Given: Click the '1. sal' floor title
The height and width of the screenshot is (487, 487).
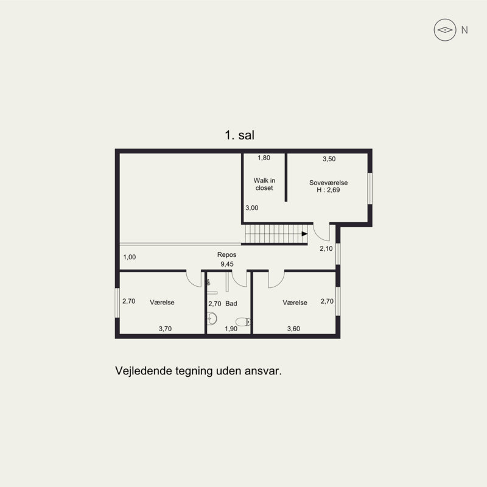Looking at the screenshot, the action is pyautogui.click(x=239, y=135).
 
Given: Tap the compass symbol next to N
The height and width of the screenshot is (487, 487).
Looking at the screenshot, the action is pyautogui.click(x=445, y=30).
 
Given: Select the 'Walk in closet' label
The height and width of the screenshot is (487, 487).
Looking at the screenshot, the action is pyautogui.click(x=264, y=184).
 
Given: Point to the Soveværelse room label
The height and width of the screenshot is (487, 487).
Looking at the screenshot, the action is pyautogui.click(x=328, y=183).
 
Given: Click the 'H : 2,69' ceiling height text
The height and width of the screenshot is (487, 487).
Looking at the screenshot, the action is pyautogui.click(x=328, y=190).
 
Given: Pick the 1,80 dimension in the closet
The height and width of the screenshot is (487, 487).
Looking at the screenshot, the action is pyautogui.click(x=264, y=158).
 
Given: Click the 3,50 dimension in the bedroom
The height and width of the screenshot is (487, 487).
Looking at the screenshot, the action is pyautogui.click(x=329, y=159).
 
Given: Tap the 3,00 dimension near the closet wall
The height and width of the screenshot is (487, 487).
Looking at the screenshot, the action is pyautogui.click(x=252, y=208).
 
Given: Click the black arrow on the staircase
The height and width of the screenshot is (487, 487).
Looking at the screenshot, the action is pyautogui.click(x=305, y=234).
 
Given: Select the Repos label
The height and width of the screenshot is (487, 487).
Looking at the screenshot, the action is pyautogui.click(x=226, y=254).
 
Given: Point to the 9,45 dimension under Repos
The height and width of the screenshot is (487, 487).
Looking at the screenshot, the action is pyautogui.click(x=227, y=264).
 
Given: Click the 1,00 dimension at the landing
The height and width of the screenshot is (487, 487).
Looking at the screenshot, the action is pyautogui.click(x=130, y=257).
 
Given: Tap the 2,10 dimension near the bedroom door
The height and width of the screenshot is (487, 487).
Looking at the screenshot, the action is pyautogui.click(x=326, y=248).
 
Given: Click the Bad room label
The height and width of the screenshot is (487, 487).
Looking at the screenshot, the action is pyautogui.click(x=231, y=303).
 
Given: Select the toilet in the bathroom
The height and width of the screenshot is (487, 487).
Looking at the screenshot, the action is pyautogui.click(x=243, y=321).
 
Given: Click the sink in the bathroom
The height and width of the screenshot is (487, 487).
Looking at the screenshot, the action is pyautogui.click(x=212, y=318).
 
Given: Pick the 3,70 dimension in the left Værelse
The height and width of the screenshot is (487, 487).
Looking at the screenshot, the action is pyautogui.click(x=165, y=329).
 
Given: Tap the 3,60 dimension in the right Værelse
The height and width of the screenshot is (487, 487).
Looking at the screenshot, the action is pyautogui.click(x=293, y=329).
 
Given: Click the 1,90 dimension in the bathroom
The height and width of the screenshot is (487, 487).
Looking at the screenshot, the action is pyautogui.click(x=231, y=329).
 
